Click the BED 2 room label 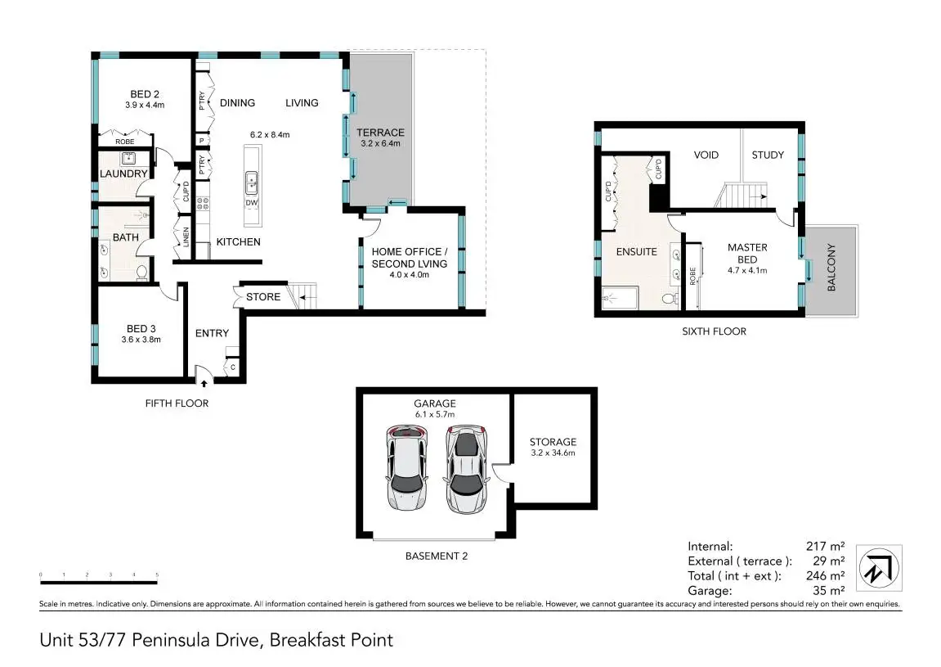145,94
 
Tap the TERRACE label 380,133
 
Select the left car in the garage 407,469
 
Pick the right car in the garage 466,469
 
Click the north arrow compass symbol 879,568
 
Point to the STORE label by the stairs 263,297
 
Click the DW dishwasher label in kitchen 252,203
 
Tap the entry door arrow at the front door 204,383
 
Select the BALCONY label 831,268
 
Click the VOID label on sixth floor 706,155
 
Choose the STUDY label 768,155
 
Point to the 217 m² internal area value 825,546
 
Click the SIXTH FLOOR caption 715,331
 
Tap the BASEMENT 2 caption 437,556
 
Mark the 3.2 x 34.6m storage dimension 553,453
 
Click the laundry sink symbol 128,159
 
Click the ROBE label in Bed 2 125,142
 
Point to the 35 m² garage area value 828,591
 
